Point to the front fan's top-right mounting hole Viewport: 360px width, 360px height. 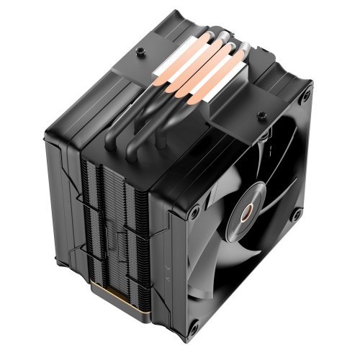tap(307, 95)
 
